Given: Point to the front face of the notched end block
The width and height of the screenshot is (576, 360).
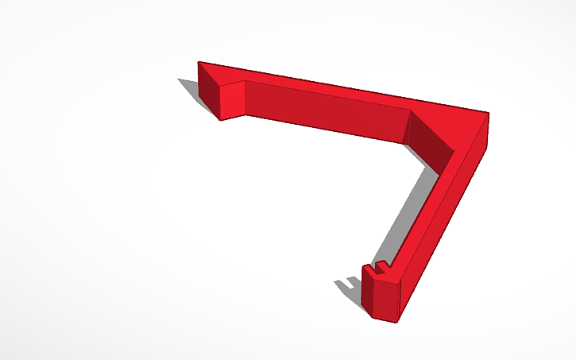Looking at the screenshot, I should point(385,299).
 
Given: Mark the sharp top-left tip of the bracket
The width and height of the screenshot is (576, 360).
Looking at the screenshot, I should point(199,62).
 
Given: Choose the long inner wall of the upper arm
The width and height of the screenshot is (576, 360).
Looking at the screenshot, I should point(326,111).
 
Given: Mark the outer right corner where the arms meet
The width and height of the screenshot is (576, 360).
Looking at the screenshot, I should point(488,114).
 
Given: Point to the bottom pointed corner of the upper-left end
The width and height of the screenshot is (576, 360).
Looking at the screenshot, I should point(220,120).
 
